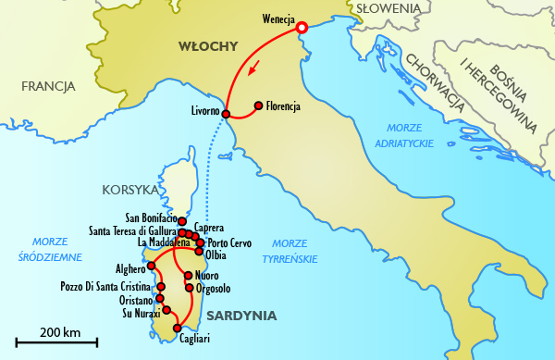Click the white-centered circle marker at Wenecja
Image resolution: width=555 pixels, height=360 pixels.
(301, 28)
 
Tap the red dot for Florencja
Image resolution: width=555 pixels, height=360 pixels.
(258, 105)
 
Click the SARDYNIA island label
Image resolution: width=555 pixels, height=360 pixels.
(241, 316)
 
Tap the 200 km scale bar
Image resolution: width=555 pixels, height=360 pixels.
(56, 341)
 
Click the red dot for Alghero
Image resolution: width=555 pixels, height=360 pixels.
(151, 265)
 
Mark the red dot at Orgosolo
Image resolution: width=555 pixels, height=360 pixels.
(189, 288)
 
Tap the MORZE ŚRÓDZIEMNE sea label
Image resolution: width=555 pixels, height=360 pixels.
(50, 250)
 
